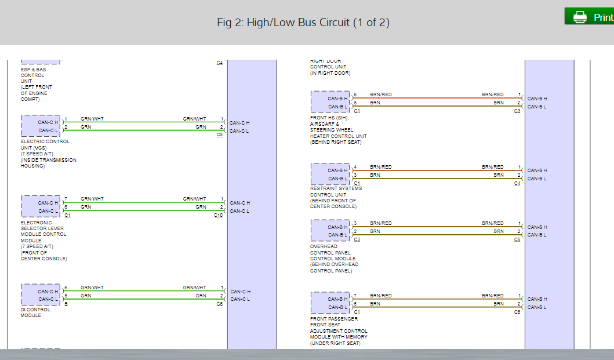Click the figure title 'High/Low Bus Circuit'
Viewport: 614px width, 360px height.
coord(303,23)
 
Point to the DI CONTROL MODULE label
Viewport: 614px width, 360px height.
coord(35,312)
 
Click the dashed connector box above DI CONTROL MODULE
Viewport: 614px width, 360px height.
coord(41,295)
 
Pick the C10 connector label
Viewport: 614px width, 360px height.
coord(218,216)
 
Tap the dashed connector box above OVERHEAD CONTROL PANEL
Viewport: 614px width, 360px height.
coord(330,231)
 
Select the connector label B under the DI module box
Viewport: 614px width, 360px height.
coord(66,304)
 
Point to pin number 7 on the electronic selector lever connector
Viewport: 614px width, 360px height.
coord(66,199)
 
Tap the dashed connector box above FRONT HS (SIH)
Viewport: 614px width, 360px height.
coord(330,102)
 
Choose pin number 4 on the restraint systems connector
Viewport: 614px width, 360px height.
coord(355,167)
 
